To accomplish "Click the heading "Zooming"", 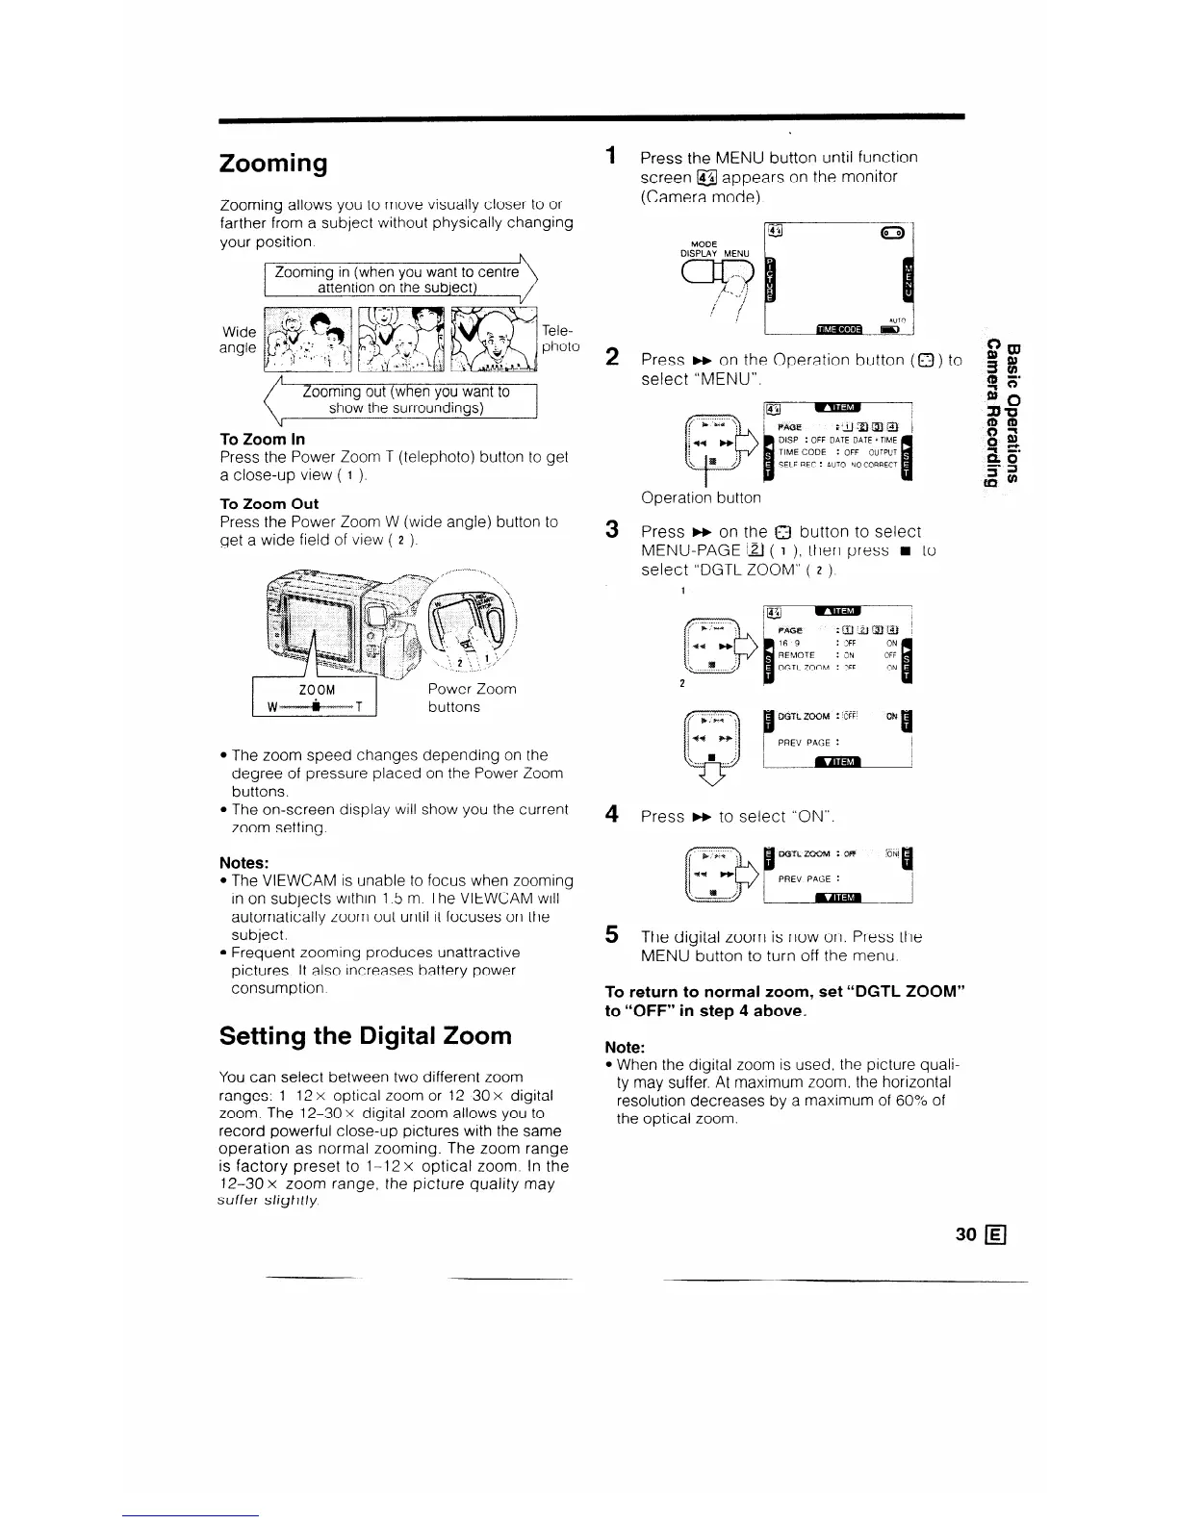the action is tap(273, 163).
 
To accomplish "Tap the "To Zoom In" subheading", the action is tap(262, 439).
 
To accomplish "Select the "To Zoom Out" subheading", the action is tap(269, 503).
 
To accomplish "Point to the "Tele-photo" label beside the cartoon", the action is tap(560, 338).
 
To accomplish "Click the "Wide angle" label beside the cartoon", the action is tap(238, 339).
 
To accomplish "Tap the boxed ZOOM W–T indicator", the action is tap(314, 698).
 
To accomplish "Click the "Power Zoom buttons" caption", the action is tap(472, 698).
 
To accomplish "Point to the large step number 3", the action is tap(611, 530).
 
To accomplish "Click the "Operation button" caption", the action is tap(701, 497).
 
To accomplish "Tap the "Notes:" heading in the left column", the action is tap(243, 862).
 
